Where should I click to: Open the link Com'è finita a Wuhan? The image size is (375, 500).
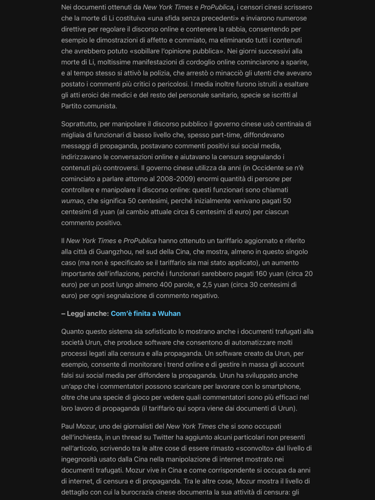point(146,313)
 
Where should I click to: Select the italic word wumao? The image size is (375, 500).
point(72,201)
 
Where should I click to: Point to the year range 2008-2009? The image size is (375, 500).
point(174,179)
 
